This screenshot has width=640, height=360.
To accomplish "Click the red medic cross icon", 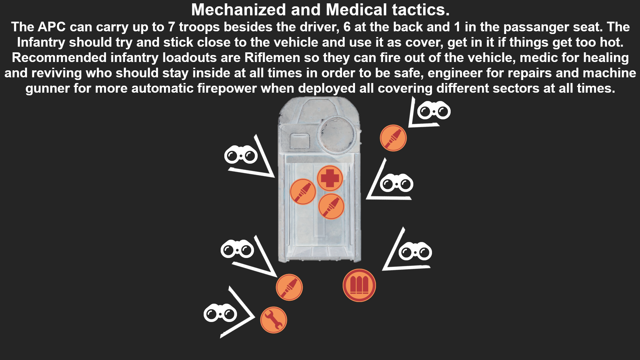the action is click(330, 178).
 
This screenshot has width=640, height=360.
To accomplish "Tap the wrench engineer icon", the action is click(273, 320).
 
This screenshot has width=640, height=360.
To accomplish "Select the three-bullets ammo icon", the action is click(359, 285).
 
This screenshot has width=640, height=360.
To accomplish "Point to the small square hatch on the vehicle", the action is click(300, 141).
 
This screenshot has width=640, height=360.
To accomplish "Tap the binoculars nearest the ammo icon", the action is click(415, 251).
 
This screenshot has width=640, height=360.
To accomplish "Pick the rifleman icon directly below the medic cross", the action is click(331, 207).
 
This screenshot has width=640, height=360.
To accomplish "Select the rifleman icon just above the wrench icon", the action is click(289, 287).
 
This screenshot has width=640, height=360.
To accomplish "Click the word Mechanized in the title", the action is click(239, 10).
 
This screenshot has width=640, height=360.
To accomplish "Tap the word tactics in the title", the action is click(421, 10).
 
